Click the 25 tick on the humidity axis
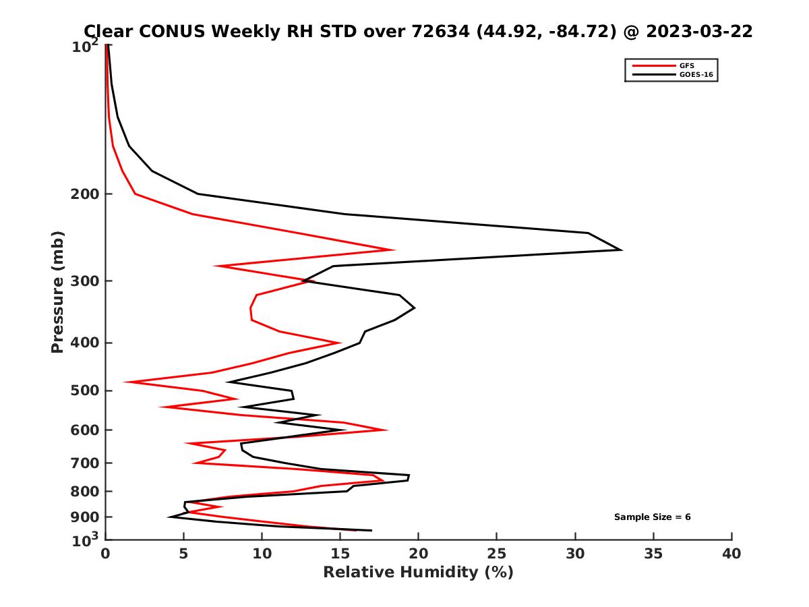[x=497, y=554]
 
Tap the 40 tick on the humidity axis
[x=731, y=554]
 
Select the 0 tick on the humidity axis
[x=106, y=554]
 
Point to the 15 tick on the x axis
[x=340, y=554]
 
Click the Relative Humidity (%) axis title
[x=418, y=573]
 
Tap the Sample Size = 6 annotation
[x=652, y=517]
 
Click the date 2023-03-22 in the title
[x=698, y=31]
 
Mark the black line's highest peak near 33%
[x=620, y=250]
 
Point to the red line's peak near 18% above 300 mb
[x=393, y=250]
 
